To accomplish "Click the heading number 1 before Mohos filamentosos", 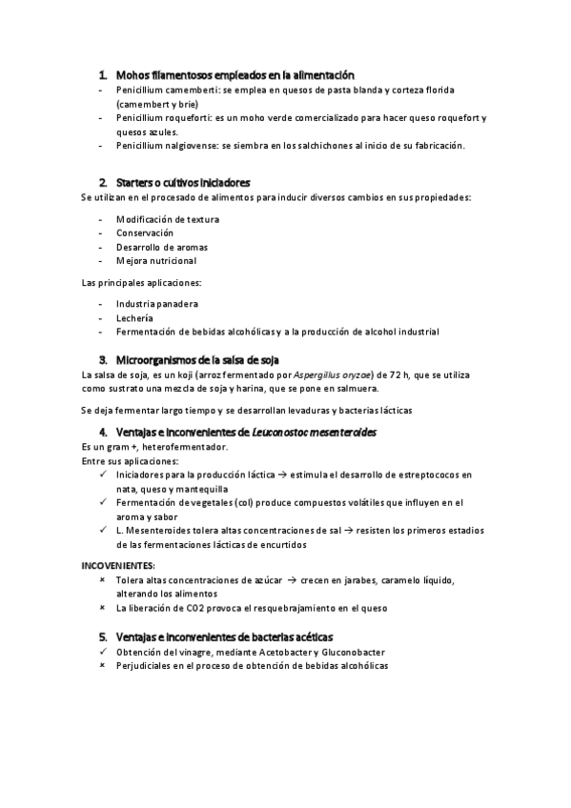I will (102, 74).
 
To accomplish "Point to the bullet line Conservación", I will (145, 232).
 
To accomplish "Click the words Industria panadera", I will (157, 304).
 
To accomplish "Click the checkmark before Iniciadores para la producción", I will (102, 474).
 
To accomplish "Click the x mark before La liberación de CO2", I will (102, 607).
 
